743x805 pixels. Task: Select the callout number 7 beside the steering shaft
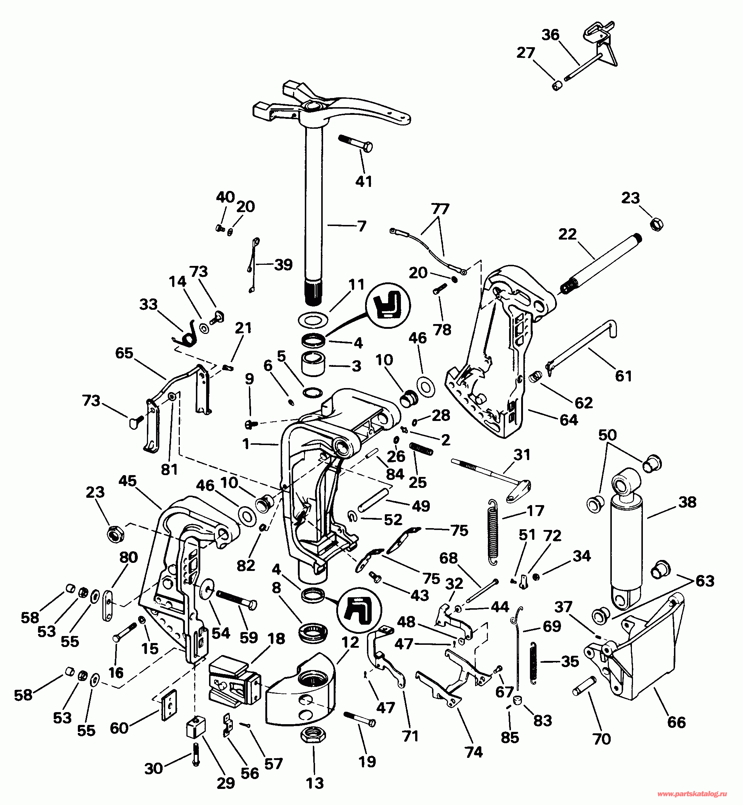coord(362,226)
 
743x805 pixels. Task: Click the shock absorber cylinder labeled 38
coord(626,539)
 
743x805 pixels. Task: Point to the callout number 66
coord(676,722)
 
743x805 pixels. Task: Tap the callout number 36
coord(550,35)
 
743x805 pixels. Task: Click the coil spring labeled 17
coord(493,531)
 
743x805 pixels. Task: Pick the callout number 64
coord(569,420)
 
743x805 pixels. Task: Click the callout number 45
coord(128,481)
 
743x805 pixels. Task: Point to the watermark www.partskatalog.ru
coord(692,794)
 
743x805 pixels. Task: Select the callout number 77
coord(440,209)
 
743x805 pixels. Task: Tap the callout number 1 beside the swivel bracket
coord(246,444)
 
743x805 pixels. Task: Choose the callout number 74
coord(474,752)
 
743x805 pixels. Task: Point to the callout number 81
coord(169,469)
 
